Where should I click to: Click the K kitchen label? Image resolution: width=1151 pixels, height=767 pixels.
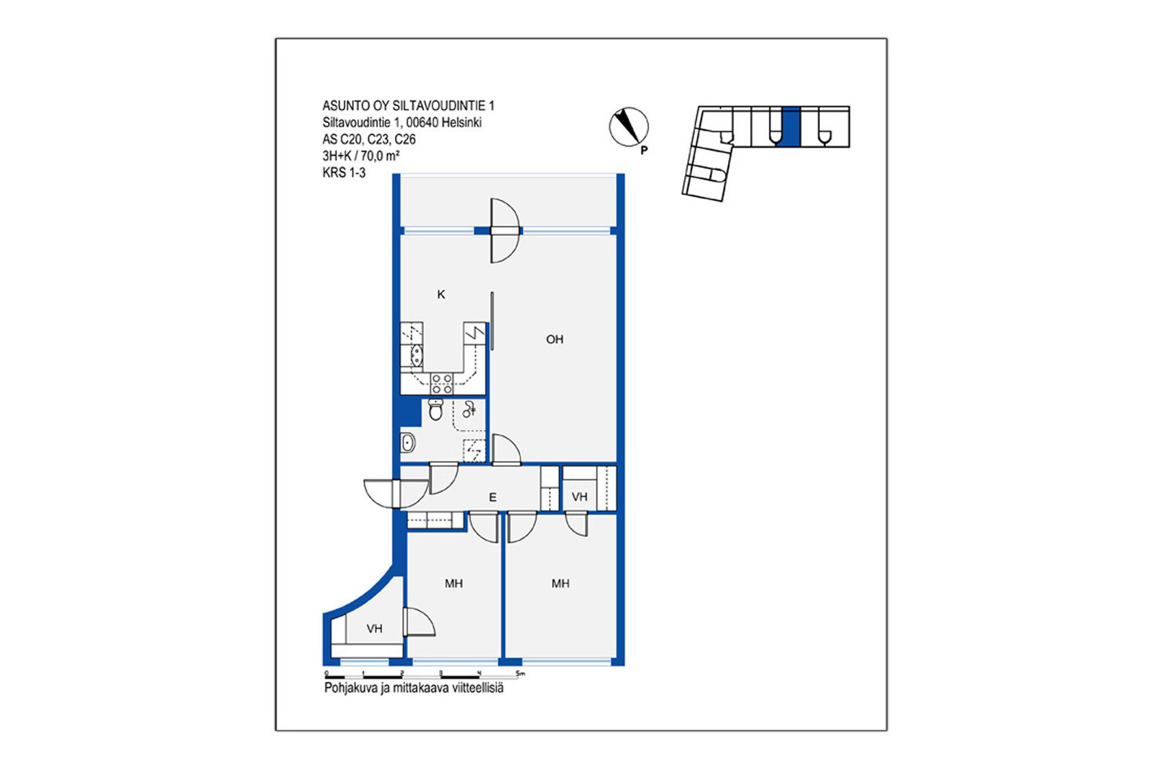(x=441, y=294)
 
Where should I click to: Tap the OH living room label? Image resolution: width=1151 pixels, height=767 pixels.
(x=555, y=339)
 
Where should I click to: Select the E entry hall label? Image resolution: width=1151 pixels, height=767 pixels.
(x=492, y=497)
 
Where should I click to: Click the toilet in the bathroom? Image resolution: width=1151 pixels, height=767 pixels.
(x=436, y=409)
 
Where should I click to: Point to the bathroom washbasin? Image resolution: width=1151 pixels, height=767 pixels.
(x=408, y=443)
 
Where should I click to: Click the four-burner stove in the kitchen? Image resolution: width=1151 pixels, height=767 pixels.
(x=442, y=384)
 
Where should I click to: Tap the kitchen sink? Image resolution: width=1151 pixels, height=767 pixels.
(x=417, y=356)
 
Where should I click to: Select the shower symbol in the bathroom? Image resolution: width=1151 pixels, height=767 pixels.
(x=469, y=410)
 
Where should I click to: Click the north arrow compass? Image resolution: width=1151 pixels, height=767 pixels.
(x=629, y=127)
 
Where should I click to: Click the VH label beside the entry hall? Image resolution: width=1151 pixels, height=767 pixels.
(x=579, y=497)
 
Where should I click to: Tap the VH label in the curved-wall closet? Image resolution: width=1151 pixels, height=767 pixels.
(x=375, y=628)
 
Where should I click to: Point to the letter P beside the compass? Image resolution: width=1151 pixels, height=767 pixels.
(x=644, y=150)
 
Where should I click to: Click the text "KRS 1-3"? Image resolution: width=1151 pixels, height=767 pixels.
(x=344, y=173)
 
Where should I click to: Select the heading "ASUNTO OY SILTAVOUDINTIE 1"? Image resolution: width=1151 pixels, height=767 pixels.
(x=409, y=106)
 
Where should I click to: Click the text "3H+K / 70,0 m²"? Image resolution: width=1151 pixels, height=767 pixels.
(x=361, y=155)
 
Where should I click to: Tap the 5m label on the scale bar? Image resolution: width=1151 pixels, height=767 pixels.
(x=520, y=673)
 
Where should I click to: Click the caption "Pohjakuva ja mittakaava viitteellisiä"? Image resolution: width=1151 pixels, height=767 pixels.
(x=414, y=688)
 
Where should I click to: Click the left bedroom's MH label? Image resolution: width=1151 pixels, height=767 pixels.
(x=454, y=583)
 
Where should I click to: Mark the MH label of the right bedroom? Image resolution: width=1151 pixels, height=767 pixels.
(x=560, y=583)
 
